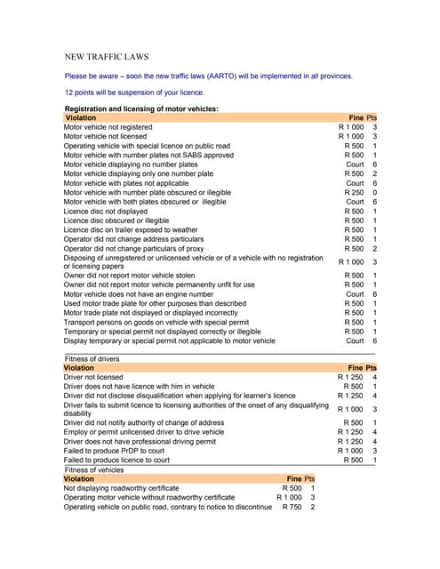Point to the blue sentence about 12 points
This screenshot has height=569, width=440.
134,92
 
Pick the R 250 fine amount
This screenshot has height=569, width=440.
354,193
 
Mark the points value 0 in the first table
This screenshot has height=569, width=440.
375,193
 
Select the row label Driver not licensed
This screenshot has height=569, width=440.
93,377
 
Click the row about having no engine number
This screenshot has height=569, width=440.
138,293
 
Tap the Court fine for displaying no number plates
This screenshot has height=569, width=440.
355,164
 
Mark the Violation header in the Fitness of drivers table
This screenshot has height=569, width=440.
79,367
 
